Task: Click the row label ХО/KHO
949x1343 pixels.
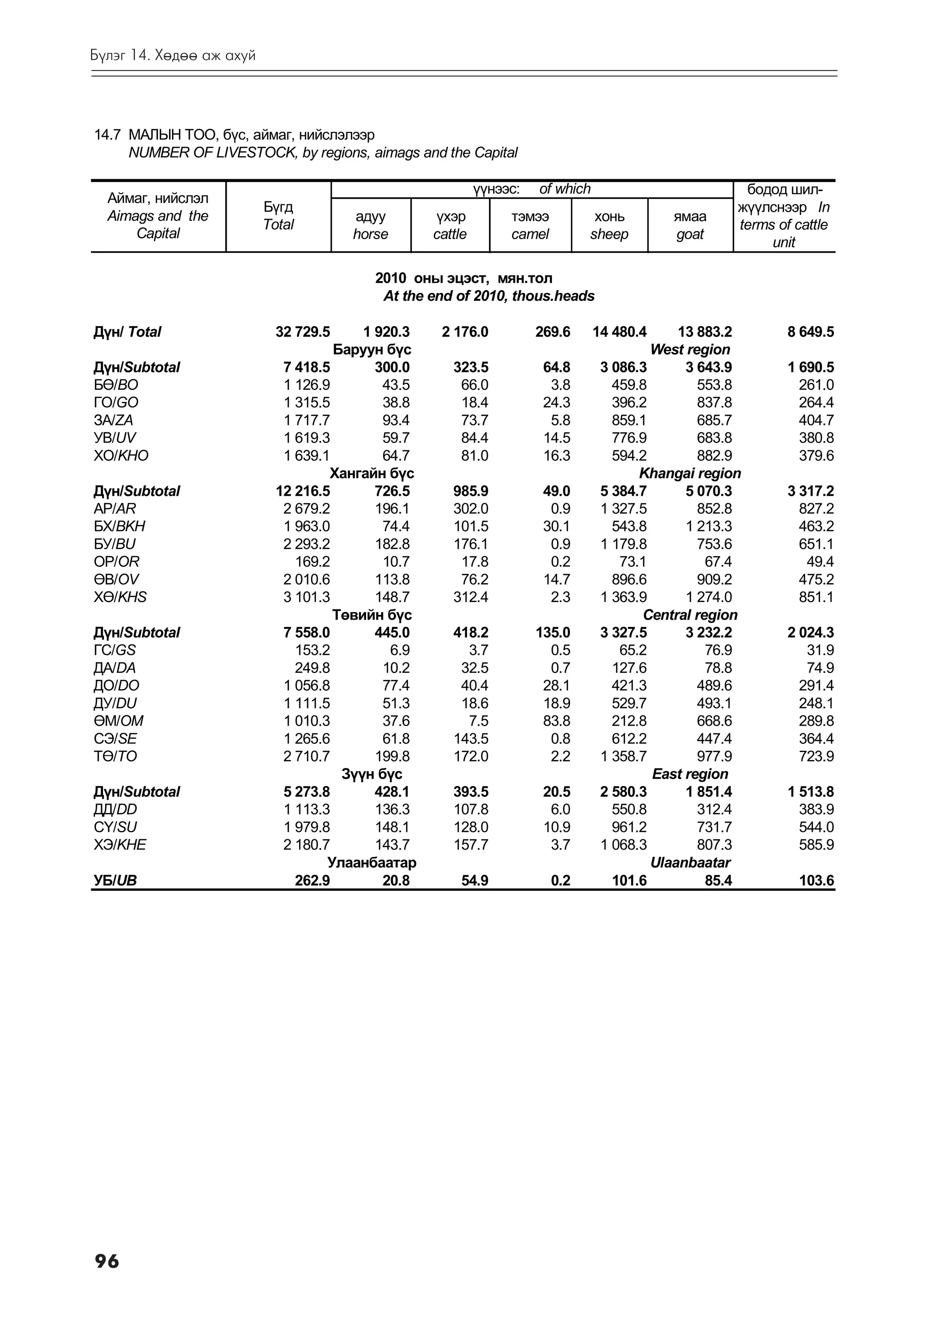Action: point(121,455)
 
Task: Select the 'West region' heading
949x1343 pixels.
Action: point(690,349)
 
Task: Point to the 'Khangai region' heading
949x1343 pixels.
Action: point(690,473)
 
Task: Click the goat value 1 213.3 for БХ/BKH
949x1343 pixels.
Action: point(708,526)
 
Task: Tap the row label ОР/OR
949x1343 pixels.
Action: point(116,562)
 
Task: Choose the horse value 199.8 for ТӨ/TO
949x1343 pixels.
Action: point(392,756)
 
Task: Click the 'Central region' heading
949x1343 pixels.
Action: point(690,615)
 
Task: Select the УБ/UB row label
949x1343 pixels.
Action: point(115,881)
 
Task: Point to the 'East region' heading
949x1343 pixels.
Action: point(690,774)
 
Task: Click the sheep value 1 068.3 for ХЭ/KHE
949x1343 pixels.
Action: point(623,845)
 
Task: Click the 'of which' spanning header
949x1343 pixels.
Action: point(564,189)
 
